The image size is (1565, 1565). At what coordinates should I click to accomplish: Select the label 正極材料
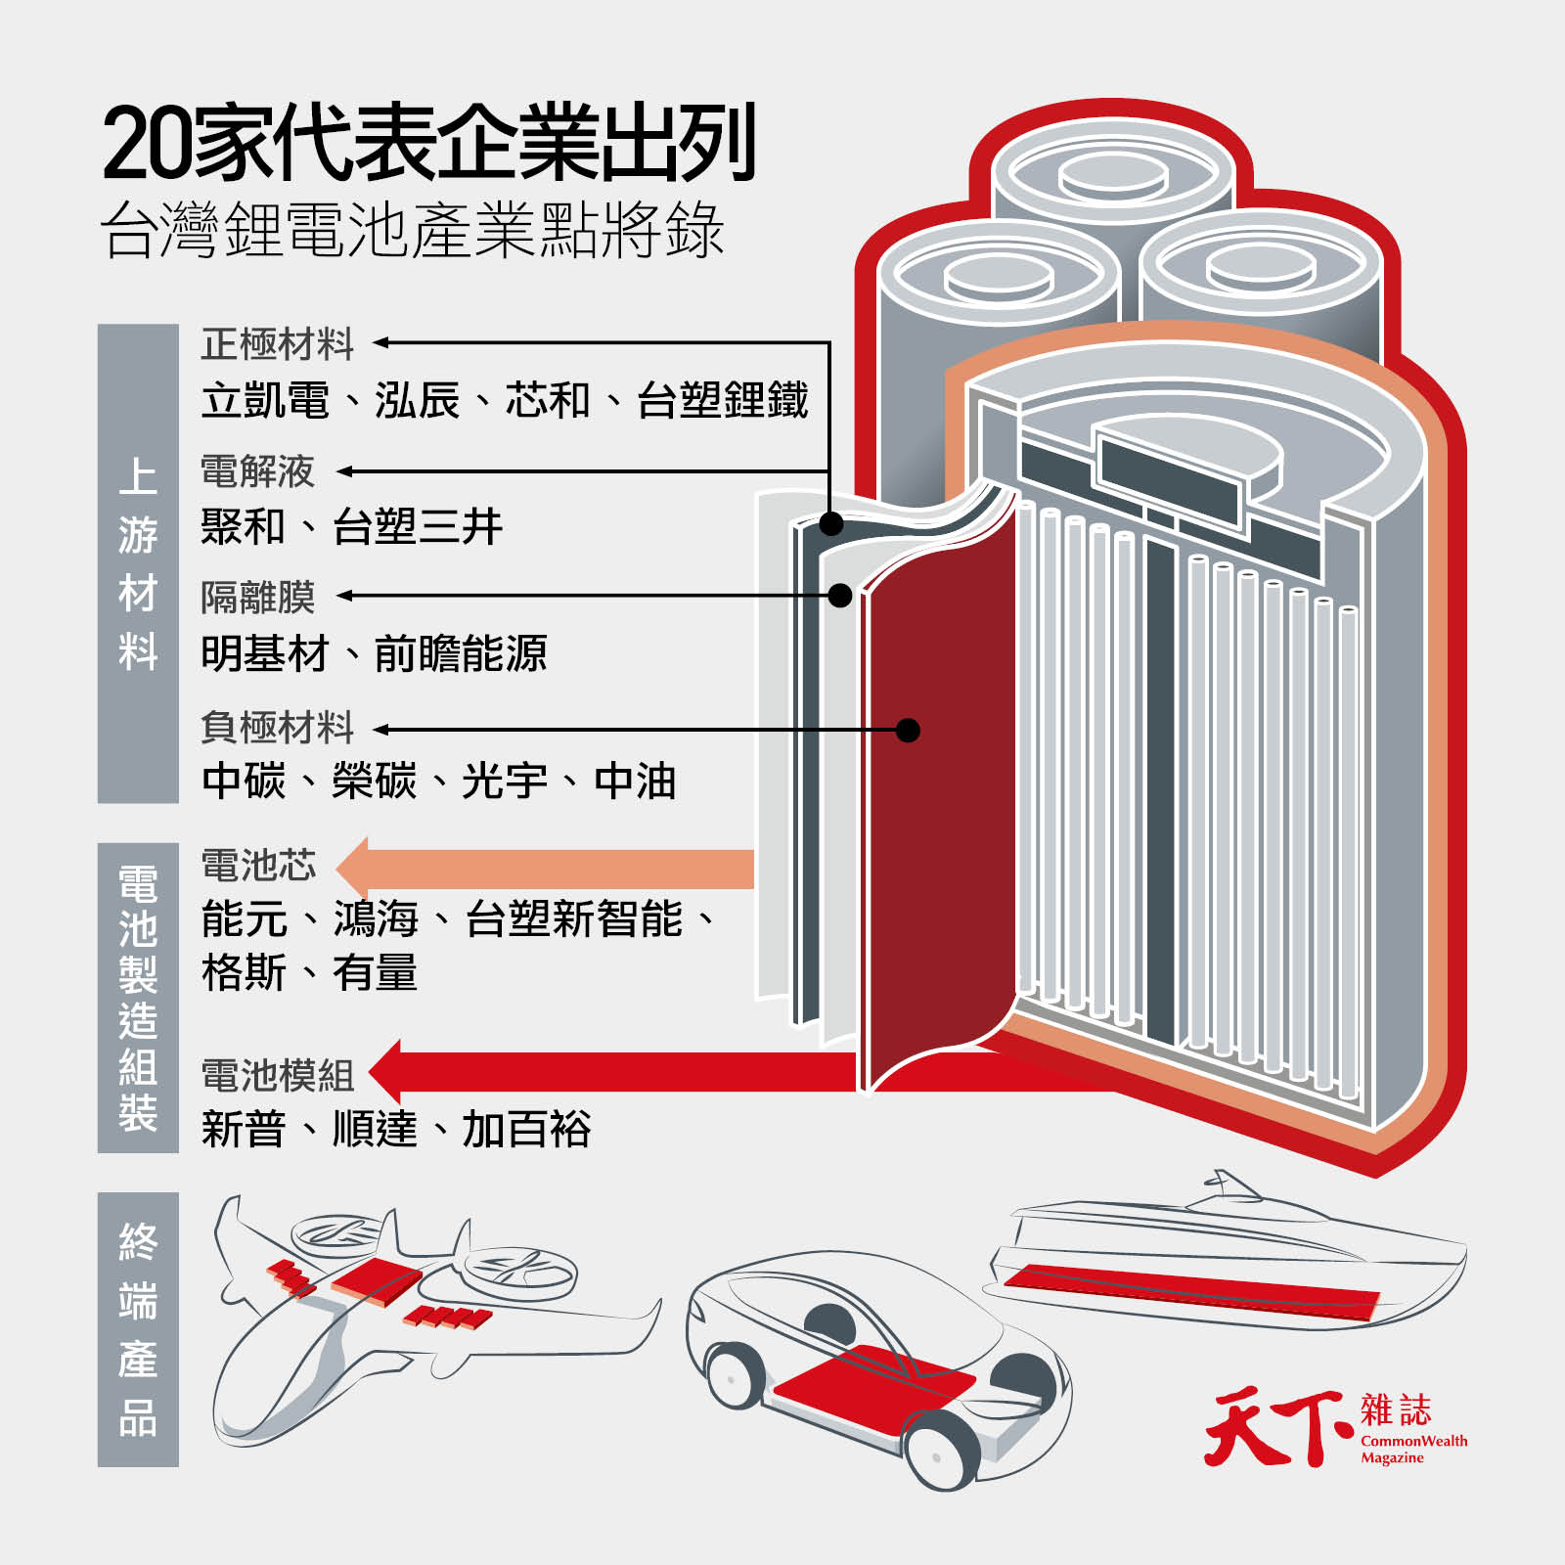277,344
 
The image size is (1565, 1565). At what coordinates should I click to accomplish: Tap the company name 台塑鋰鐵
722,401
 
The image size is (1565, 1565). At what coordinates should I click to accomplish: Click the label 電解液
257,471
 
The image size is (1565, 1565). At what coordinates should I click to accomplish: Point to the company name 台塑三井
418,527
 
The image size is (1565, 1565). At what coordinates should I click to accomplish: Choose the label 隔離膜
257,597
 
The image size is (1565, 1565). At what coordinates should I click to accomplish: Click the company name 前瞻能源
460,653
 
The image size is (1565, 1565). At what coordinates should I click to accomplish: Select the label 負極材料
277,728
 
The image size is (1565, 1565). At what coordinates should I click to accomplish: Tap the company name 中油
635,782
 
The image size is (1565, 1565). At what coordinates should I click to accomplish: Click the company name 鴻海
376,919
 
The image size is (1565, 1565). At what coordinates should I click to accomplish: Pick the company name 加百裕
526,1130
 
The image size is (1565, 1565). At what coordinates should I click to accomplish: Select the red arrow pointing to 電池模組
626,1072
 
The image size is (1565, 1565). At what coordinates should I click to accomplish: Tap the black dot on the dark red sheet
908,730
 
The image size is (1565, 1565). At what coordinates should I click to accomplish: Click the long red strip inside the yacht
1188,1291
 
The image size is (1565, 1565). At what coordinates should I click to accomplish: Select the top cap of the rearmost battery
1113,178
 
